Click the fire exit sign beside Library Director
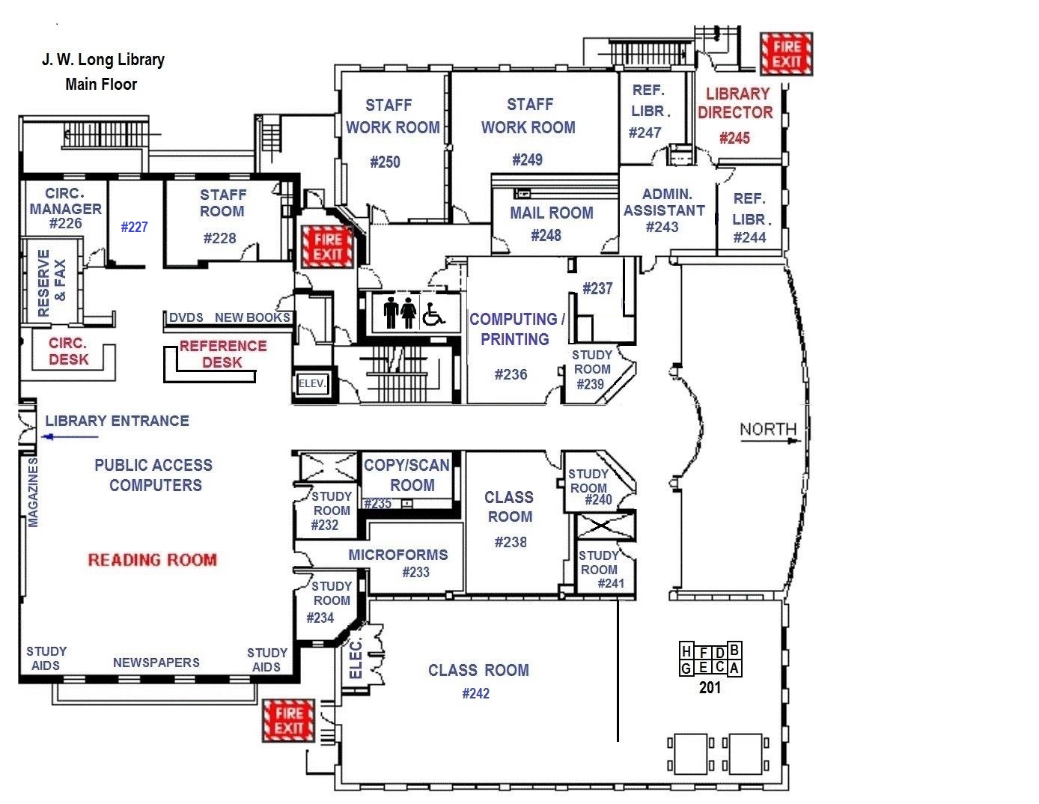point(786,54)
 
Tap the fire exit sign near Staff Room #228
point(327,247)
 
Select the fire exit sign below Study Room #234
point(288,721)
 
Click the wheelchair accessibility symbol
point(433,313)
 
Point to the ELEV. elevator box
point(312,384)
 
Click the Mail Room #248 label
point(551,223)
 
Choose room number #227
point(135,227)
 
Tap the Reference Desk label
point(222,353)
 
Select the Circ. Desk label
point(68,351)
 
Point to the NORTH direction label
point(768,430)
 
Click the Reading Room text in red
point(152,559)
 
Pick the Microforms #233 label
point(398,563)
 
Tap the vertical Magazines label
point(33,492)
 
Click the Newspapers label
point(156,663)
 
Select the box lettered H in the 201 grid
point(686,652)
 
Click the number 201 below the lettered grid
point(710,686)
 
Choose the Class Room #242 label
point(478,680)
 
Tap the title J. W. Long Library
point(103,60)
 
